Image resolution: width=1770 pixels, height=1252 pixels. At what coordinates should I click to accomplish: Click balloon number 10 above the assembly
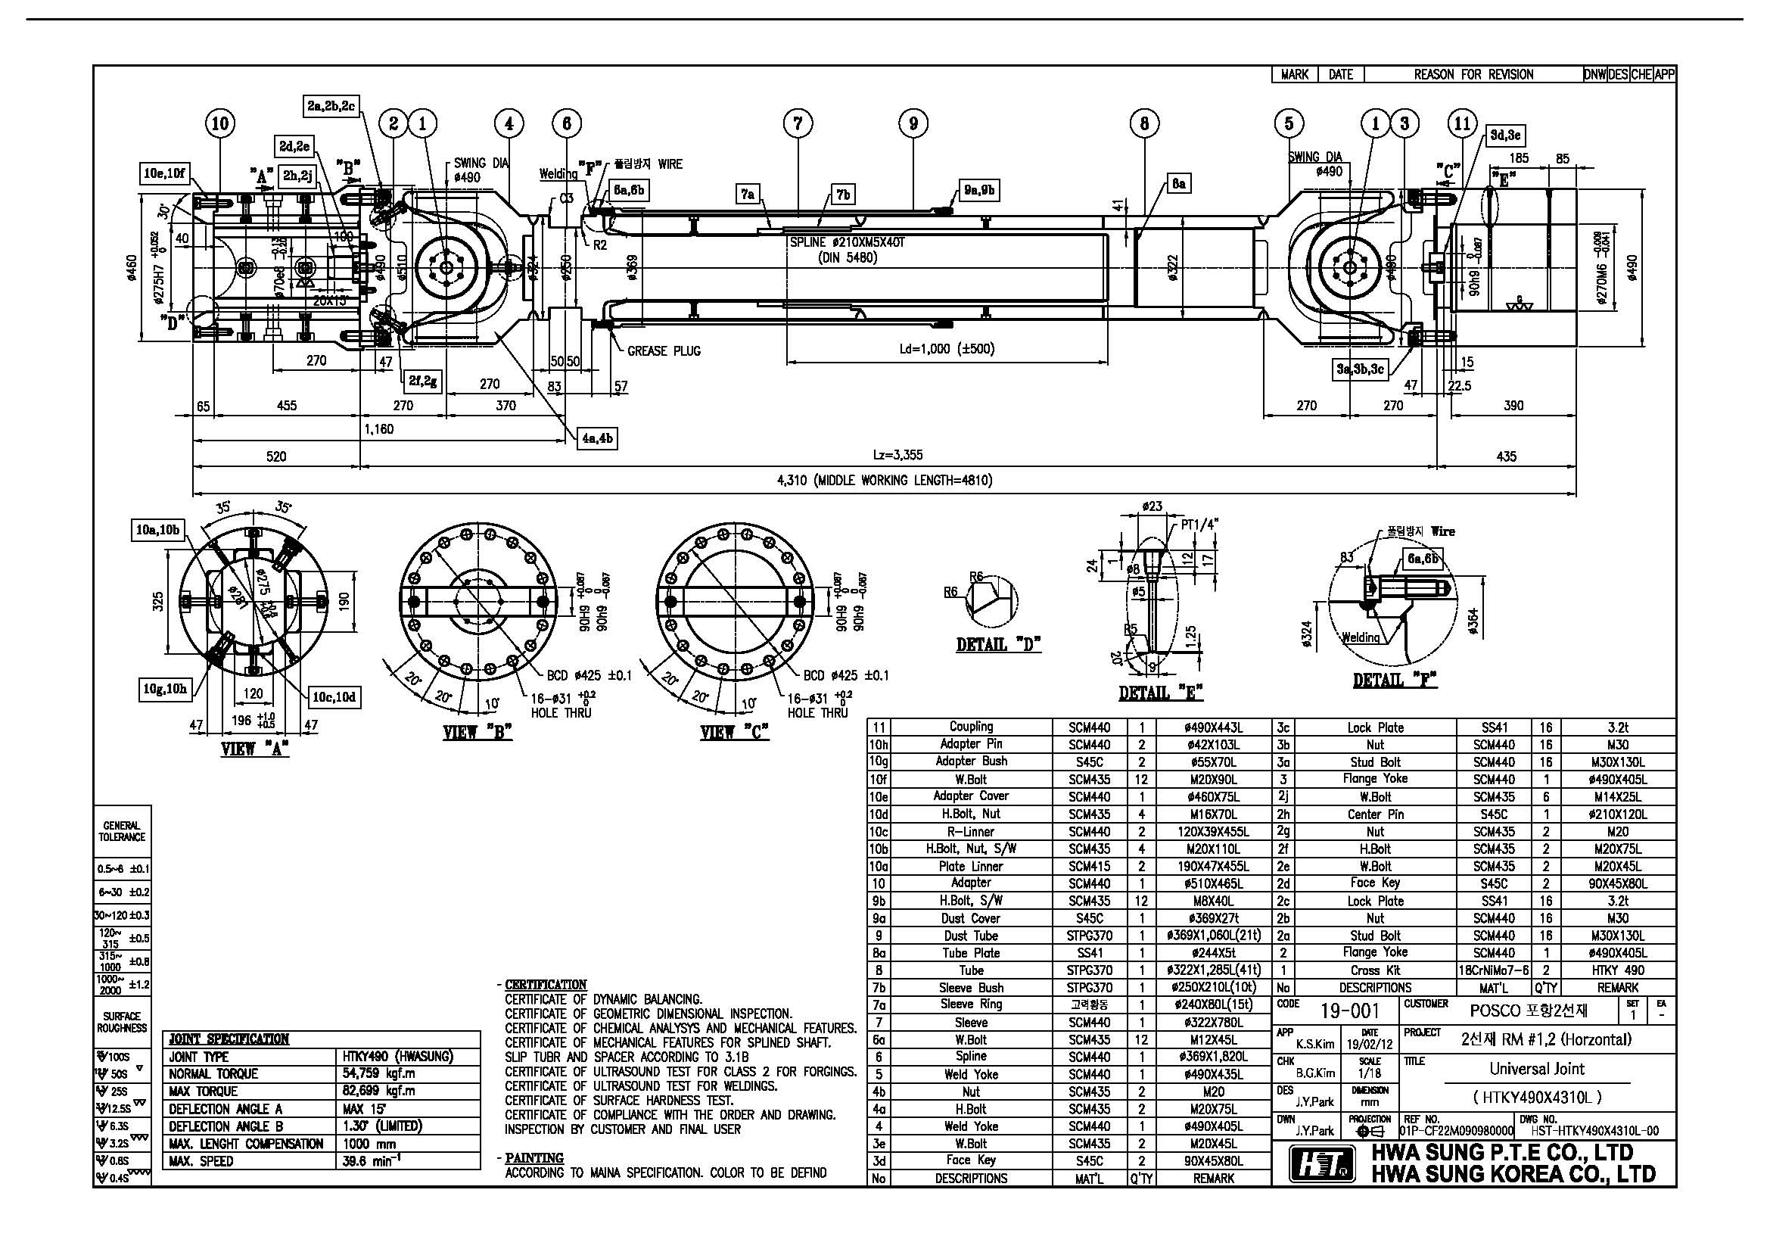tap(219, 123)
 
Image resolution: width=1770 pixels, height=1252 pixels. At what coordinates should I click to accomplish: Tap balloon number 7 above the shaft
tap(798, 123)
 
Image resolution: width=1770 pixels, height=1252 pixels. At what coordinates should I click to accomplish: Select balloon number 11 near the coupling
tap(1462, 123)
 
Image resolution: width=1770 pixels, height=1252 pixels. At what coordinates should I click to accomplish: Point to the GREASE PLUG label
tap(663, 350)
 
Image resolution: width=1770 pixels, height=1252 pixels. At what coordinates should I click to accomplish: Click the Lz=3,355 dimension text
tap(897, 456)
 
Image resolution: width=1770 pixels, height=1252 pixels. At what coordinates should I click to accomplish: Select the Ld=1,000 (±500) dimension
tap(947, 348)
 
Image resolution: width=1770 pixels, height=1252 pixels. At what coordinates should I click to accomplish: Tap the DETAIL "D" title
tap(998, 644)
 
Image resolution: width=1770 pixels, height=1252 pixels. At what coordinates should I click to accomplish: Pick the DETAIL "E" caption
tap(1161, 693)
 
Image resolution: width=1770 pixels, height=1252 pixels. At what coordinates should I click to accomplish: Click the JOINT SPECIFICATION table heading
tap(229, 1039)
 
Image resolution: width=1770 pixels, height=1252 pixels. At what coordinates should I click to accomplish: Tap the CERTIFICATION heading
tap(546, 985)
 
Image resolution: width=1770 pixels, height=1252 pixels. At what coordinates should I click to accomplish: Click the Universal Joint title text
tap(1536, 1069)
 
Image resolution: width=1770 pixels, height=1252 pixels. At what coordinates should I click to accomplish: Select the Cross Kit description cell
tap(1374, 970)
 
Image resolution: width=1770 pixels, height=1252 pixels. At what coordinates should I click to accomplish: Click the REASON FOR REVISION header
tap(1473, 75)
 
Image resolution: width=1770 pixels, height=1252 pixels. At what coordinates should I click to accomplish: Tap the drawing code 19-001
tap(1350, 1011)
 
